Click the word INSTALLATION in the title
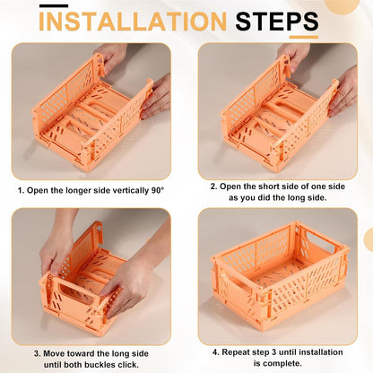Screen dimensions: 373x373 coord(133,21)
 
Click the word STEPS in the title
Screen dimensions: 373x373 coord(277,21)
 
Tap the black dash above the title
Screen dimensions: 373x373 coord(54,5)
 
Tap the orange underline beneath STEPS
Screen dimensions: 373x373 coord(304,38)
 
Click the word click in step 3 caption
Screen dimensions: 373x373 coord(127,365)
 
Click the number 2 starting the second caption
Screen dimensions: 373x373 coord(213,186)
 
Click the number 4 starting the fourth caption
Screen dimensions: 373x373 coord(215,352)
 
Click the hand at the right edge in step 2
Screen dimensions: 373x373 coord(343,91)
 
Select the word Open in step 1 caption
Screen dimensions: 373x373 coord(38,191)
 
